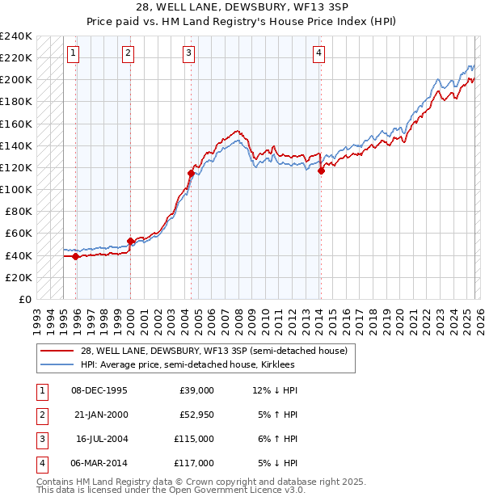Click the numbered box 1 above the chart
(73, 53)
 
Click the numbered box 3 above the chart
(188, 53)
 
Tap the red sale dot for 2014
(321, 171)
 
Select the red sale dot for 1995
(76, 256)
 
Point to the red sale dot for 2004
(192, 173)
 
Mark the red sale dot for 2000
(130, 241)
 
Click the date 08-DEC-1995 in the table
(99, 390)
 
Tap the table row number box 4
(40, 463)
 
